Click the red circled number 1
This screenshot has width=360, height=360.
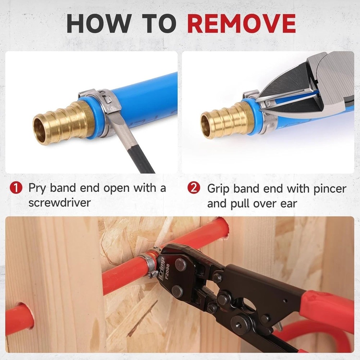[x=15, y=188]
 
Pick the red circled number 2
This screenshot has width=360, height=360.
[x=194, y=188]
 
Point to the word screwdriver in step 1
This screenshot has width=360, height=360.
[x=59, y=203]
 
